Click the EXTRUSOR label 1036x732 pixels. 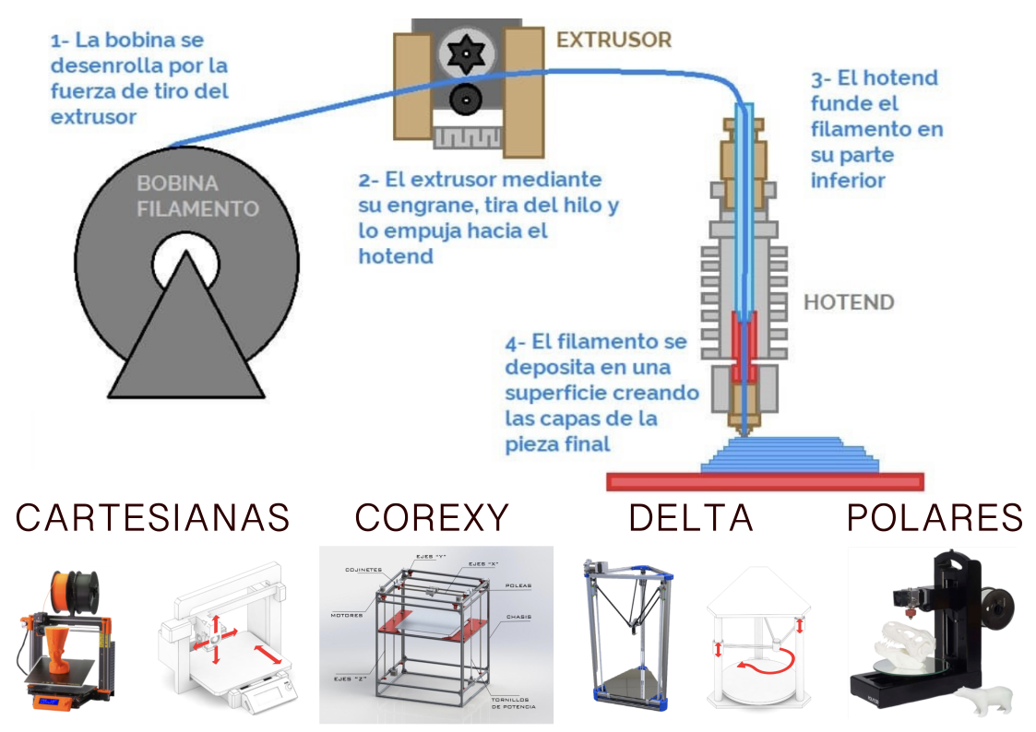click(613, 40)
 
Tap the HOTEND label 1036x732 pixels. click(849, 301)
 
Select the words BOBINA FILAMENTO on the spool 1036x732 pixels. click(197, 195)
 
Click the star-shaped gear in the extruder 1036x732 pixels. click(466, 56)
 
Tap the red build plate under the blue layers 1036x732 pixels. click(765, 481)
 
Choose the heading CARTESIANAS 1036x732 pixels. click(153, 518)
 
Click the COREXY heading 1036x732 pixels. click(432, 518)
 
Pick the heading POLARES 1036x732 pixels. click(935, 518)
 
